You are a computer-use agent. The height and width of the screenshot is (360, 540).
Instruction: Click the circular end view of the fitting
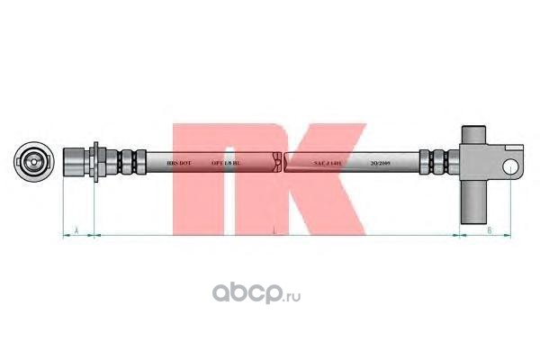click(33, 163)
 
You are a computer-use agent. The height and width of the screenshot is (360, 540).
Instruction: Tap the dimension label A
click(78, 231)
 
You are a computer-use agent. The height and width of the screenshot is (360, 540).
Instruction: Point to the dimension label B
click(487, 231)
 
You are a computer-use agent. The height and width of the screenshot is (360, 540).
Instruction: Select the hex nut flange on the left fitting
click(95, 163)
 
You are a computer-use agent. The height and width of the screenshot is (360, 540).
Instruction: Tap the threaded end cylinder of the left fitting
click(76, 163)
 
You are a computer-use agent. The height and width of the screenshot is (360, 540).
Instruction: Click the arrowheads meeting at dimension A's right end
click(94, 235)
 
